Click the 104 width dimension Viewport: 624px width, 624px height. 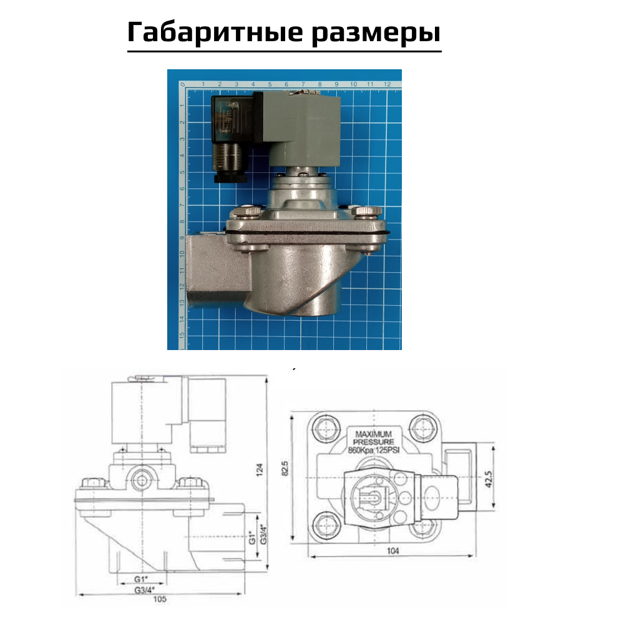pyautogui.click(x=392, y=550)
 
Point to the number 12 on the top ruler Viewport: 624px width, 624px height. pyautogui.click(x=387, y=84)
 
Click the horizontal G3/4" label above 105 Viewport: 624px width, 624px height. pyautogui.click(x=145, y=588)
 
